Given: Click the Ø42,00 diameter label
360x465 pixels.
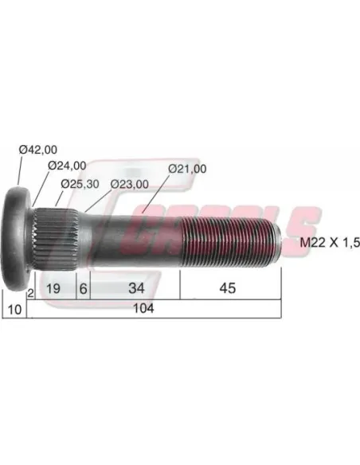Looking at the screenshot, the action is pos(38,150).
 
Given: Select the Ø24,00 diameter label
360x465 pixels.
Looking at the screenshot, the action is pos(67,166).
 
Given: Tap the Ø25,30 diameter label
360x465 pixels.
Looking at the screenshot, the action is pos(80,184).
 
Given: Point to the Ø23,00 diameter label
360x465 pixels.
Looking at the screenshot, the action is pos(130,184).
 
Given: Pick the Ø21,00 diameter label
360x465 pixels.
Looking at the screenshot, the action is pos(187,169).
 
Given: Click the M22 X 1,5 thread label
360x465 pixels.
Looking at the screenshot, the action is pos(330,243).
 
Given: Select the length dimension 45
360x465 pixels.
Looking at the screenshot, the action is pos(228,288).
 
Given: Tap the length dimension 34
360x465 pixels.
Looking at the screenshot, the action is pos(136,288).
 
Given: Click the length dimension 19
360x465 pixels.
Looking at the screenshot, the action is pos(53,288).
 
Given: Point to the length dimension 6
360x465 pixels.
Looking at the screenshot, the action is pos(84,288).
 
